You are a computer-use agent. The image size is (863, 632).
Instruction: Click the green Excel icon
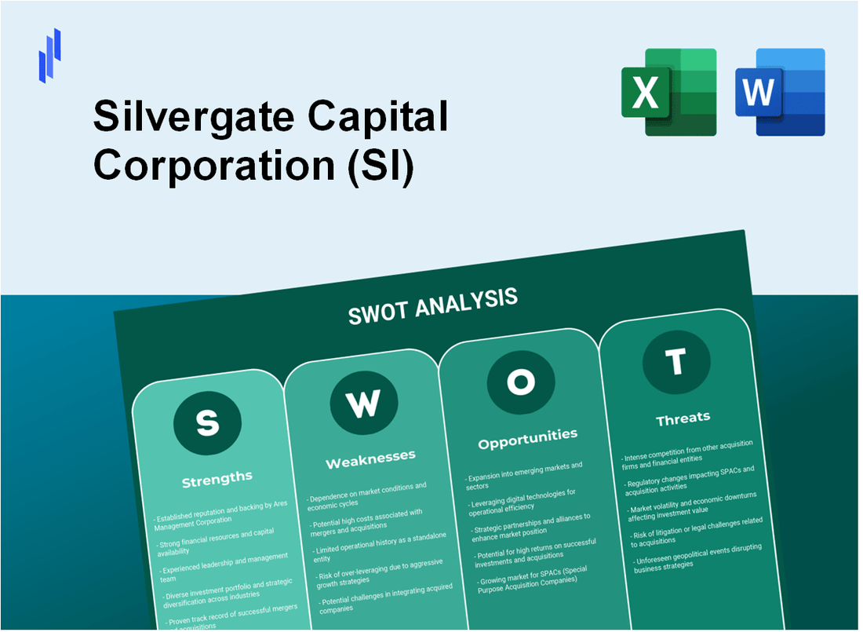668,92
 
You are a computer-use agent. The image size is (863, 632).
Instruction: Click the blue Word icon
780,92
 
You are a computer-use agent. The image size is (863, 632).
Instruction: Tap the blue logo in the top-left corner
49,55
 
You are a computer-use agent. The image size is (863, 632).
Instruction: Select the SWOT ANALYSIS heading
432,306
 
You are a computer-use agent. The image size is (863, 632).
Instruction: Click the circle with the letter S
207,423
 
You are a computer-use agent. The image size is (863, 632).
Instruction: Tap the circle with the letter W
362,404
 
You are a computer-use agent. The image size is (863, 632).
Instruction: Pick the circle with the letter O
520,382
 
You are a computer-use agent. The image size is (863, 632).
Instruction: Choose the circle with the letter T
675,362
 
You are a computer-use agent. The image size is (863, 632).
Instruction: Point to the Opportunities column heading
527,437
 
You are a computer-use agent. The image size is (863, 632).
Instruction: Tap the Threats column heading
683,418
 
